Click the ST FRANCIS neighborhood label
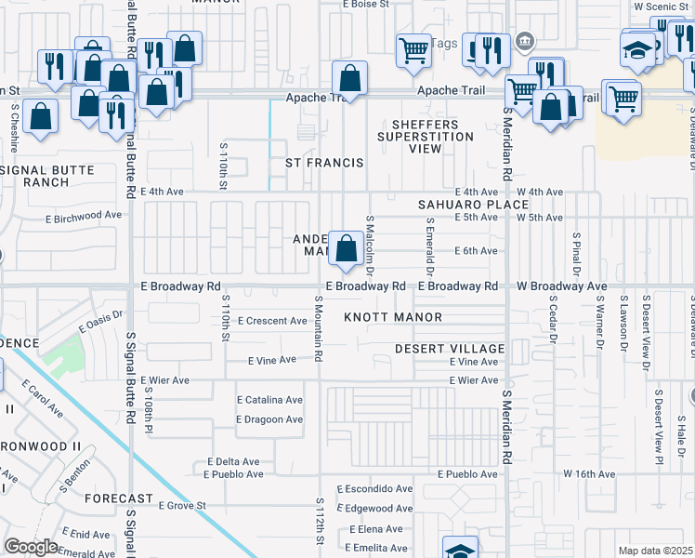323,163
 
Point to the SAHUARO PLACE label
460,204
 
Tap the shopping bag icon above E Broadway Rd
346,249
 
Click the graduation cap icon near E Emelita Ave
460,549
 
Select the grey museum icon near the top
525,40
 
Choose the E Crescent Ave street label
272,321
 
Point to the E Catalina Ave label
269,400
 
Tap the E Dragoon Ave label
269,419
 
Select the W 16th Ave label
589,474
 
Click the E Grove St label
181,506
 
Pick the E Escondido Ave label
374,488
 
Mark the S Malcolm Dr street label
370,246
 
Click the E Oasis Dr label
101,322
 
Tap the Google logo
32,547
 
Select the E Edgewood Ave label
378,509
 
